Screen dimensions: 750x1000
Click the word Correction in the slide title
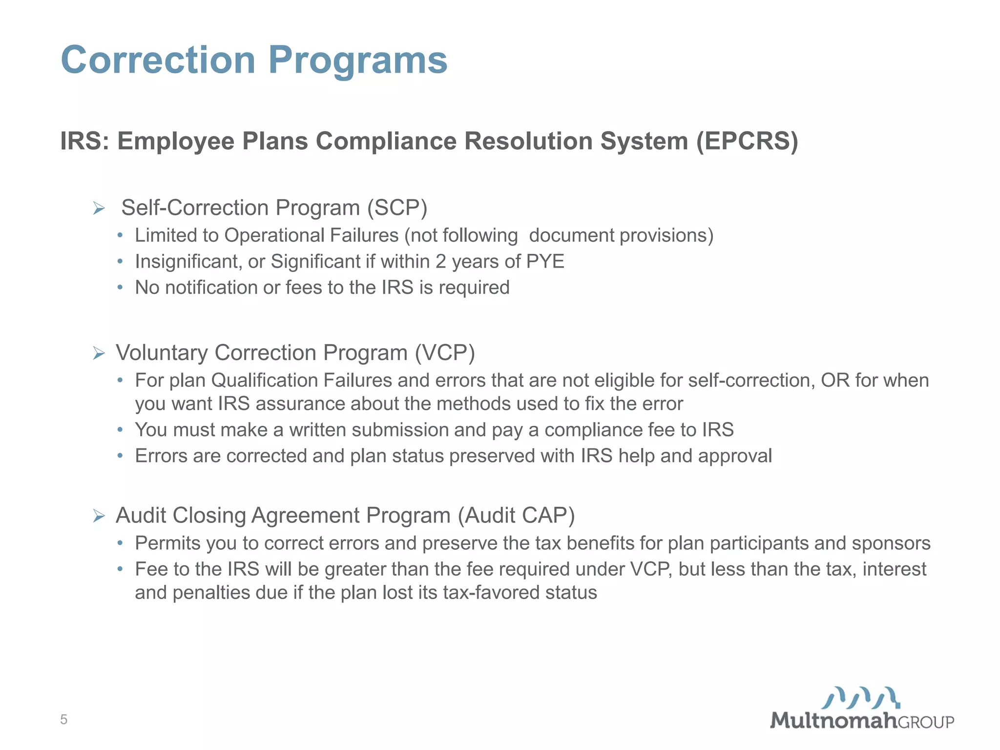[x=158, y=60]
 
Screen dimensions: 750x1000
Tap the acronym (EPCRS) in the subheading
[x=747, y=142]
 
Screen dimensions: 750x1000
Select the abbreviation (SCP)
[x=397, y=208]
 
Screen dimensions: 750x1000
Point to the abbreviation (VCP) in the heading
[x=444, y=353]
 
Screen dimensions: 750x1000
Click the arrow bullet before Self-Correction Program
[x=99, y=209]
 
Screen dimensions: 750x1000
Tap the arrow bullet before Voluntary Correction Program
[x=99, y=353]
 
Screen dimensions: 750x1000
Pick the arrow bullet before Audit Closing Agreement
[x=99, y=516]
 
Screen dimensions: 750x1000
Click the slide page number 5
[x=63, y=719]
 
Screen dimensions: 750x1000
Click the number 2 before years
[x=440, y=262]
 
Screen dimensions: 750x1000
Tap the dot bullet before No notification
[x=120, y=288]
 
